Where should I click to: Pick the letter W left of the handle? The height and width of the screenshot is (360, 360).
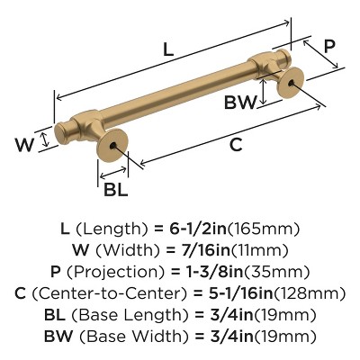(26, 141)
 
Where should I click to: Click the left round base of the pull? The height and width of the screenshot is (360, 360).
(113, 146)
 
